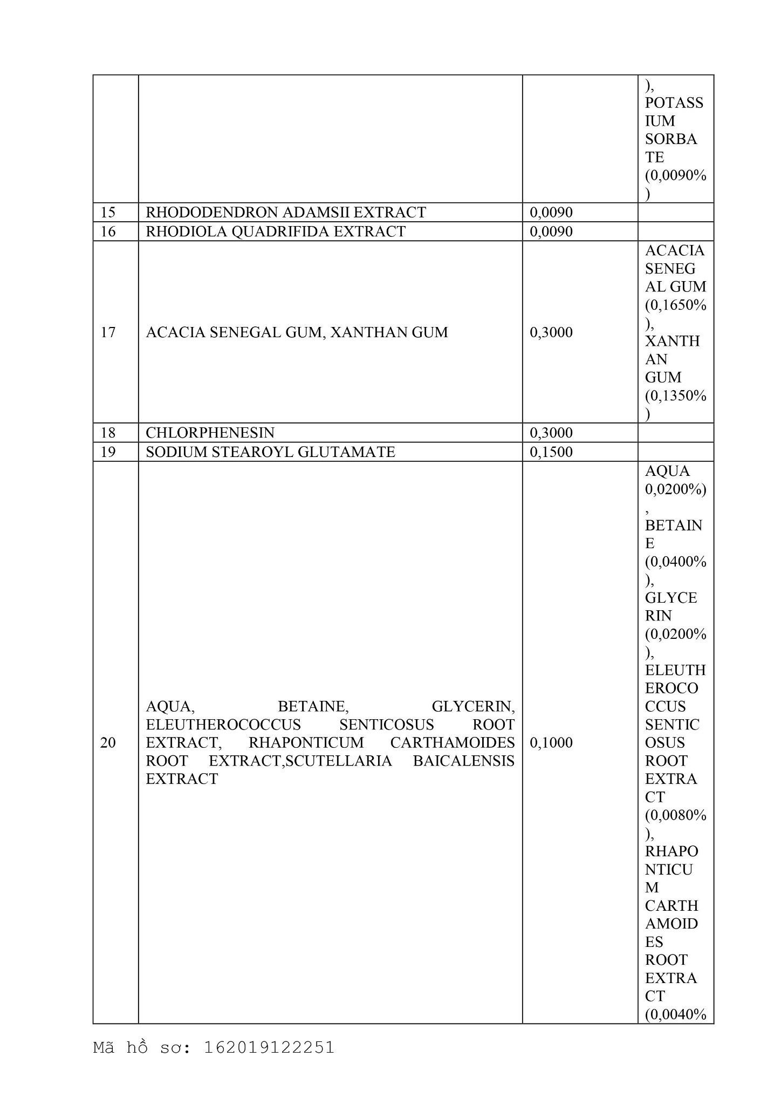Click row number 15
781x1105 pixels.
(108, 213)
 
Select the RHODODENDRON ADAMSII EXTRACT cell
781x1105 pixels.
(285, 213)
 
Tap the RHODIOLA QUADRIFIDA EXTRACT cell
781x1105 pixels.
(275, 231)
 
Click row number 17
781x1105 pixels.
(108, 332)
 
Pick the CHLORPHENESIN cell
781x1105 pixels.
(210, 433)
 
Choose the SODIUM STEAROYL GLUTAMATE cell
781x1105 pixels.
(270, 452)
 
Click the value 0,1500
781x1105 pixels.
(551, 452)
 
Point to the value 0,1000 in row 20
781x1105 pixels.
(551, 743)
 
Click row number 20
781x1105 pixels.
(108, 743)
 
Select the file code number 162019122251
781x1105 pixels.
(269, 1048)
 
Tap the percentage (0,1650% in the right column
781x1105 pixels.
(675, 305)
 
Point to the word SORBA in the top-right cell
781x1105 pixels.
(671, 139)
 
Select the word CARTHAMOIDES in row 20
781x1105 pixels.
(452, 743)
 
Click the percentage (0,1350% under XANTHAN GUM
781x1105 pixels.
(675, 396)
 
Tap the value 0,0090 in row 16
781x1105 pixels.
(551, 231)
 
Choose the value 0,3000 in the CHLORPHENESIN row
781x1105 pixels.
(551, 433)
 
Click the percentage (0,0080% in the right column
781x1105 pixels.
(675, 815)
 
